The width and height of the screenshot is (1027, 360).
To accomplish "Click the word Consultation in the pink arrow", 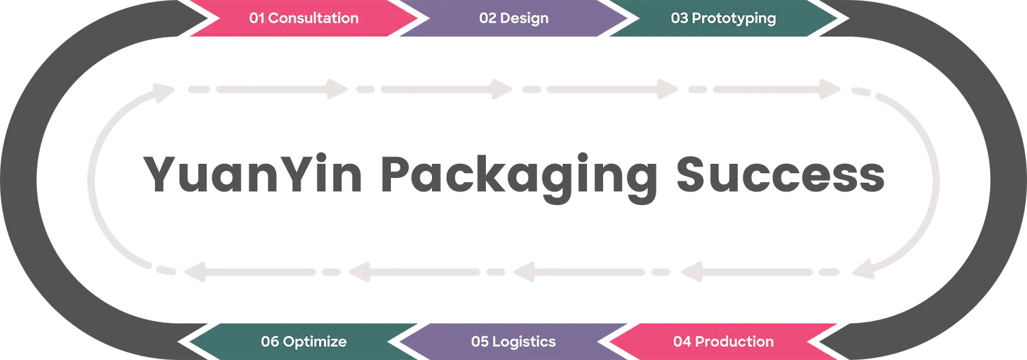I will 313,18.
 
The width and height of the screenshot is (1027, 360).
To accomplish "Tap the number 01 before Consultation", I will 257,18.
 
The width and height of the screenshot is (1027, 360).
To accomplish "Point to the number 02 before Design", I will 488,18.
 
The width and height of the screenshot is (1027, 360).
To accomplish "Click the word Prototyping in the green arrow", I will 734,18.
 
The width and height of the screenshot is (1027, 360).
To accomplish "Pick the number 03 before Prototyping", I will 679,18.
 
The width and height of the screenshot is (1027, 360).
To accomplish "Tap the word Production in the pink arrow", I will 734,342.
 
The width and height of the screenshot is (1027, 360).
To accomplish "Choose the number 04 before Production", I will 682,342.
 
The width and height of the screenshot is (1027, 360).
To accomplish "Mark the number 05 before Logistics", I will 480,342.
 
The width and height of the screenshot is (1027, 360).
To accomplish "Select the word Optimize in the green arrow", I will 315,342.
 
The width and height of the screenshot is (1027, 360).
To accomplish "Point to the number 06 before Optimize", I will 270,342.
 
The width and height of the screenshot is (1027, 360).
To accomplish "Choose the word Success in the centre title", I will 780,175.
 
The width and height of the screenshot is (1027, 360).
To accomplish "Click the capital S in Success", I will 693,175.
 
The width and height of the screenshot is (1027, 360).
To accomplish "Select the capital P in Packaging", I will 399,175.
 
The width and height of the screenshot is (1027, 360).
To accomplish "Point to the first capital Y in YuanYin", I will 162,175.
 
